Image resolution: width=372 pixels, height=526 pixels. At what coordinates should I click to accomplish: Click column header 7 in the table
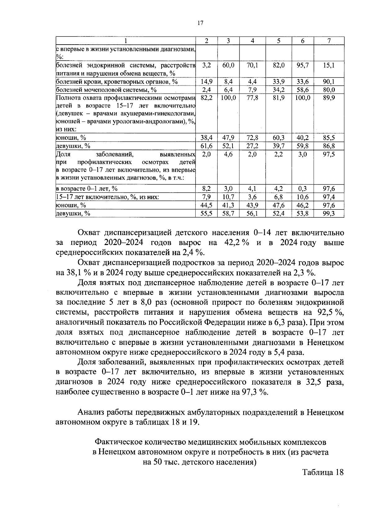tap(329, 41)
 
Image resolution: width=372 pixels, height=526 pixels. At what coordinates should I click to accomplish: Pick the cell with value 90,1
tap(329, 82)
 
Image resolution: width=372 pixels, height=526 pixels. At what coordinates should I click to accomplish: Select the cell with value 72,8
tap(252, 138)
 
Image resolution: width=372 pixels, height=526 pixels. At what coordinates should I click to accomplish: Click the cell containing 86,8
tap(329, 146)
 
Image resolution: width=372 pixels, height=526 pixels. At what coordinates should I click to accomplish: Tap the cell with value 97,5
tap(329, 154)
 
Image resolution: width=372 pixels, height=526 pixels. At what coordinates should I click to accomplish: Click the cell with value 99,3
tap(329, 213)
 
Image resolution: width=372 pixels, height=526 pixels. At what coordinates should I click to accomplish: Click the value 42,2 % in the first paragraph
tap(237, 243)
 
